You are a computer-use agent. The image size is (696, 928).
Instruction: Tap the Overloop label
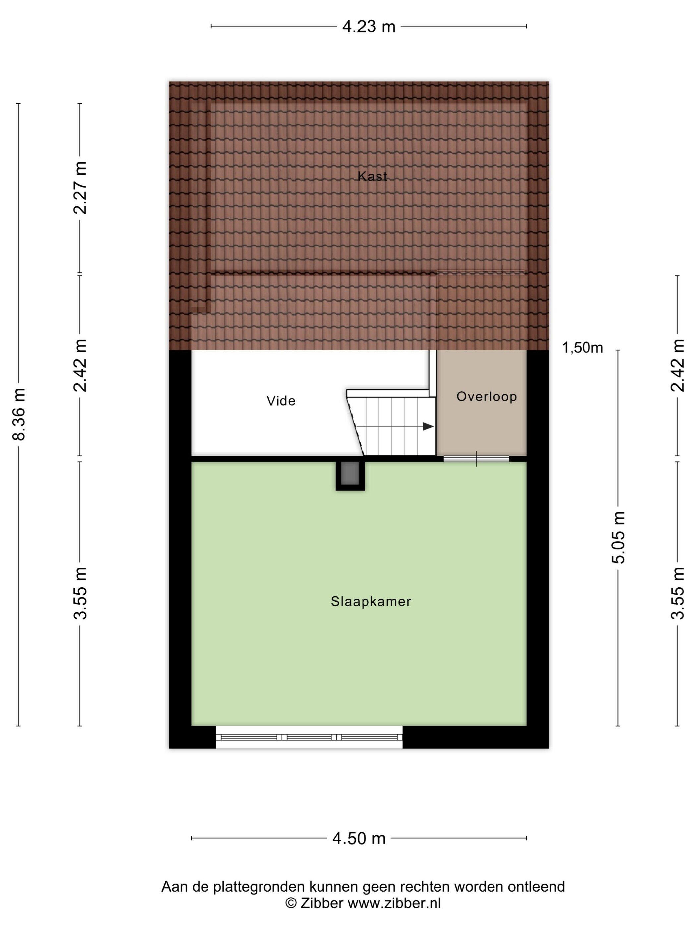(x=486, y=396)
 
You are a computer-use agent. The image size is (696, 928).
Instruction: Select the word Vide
(x=281, y=401)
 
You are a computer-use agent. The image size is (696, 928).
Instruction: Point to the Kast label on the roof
(x=372, y=176)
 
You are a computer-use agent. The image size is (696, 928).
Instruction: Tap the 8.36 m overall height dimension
(x=19, y=414)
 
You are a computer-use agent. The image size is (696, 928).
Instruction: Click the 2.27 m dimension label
(x=80, y=188)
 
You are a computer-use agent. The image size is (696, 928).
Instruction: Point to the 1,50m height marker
(x=582, y=347)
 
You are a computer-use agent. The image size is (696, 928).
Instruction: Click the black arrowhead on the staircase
(x=428, y=426)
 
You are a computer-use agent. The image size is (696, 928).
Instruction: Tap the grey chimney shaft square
(x=350, y=473)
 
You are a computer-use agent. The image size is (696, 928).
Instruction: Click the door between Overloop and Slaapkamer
(x=476, y=459)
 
